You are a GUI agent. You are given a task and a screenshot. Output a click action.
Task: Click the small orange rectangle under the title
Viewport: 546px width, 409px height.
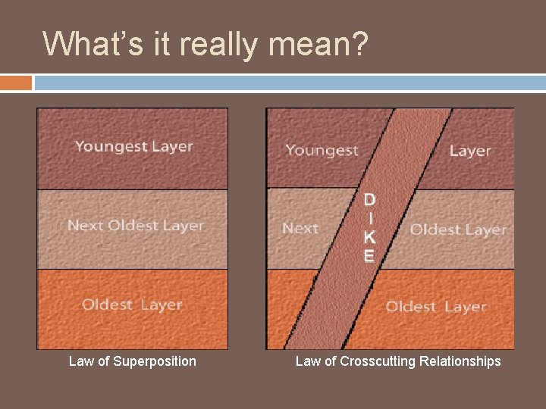click(16, 83)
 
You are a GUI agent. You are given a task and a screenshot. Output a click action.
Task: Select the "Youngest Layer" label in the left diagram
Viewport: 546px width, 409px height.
click(133, 147)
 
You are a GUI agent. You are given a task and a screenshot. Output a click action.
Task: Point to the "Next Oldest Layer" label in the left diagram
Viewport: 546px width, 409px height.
click(136, 226)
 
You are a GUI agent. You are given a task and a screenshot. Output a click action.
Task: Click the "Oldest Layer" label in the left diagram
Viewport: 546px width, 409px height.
click(132, 304)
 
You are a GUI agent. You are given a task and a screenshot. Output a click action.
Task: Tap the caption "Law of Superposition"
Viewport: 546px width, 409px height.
click(132, 361)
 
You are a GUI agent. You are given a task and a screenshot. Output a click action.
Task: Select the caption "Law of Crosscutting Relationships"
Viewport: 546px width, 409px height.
click(398, 361)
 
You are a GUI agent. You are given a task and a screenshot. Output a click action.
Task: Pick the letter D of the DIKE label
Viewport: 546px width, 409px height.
click(369, 200)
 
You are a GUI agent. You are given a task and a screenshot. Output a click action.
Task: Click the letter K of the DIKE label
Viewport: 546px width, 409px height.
click(369, 237)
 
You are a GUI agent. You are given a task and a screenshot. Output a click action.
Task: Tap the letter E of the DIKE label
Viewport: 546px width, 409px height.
click(369, 256)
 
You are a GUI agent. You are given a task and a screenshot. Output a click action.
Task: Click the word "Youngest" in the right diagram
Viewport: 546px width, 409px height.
click(322, 151)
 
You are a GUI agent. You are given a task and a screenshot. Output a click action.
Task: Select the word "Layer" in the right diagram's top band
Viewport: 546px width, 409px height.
click(470, 151)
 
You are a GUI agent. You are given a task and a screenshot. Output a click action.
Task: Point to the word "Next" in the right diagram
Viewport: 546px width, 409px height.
click(300, 228)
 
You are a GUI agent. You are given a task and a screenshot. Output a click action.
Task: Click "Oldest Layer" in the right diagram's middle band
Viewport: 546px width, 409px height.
click(458, 229)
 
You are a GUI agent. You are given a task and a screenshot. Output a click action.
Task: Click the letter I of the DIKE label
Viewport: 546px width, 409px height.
click(369, 218)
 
